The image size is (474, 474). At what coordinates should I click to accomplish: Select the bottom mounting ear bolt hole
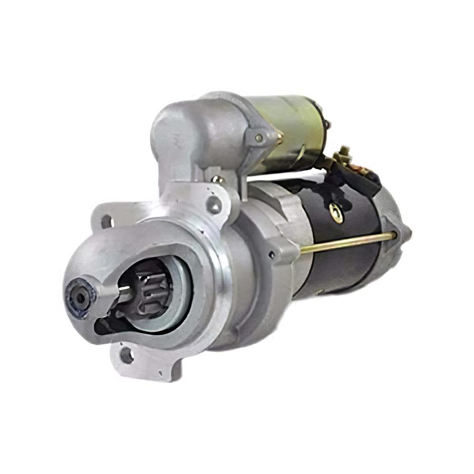click(126, 354)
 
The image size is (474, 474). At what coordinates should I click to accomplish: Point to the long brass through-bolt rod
click(346, 242)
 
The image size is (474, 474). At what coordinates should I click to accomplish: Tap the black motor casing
click(341, 265)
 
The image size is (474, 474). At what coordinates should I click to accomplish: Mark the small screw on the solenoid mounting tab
click(259, 137)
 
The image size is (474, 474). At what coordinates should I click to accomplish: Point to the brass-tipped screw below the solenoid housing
click(218, 180)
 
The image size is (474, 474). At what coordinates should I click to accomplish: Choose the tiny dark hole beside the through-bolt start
click(272, 255)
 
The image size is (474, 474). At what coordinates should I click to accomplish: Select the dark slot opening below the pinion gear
click(107, 324)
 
